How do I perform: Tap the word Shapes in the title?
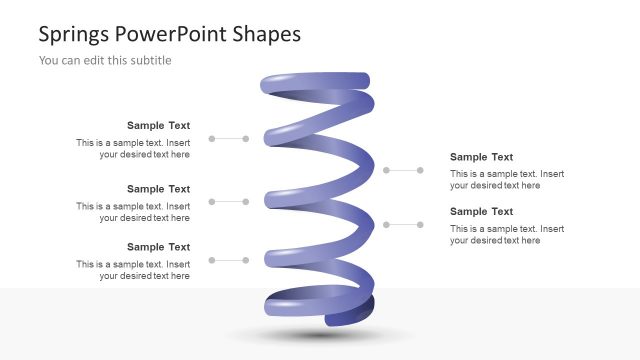point(267,35)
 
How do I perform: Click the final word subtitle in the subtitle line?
point(149,60)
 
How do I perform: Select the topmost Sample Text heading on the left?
point(158,126)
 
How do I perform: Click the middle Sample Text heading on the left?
point(158,189)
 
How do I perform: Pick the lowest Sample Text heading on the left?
point(158,247)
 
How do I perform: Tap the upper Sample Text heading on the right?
point(481,157)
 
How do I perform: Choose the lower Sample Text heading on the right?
point(481,212)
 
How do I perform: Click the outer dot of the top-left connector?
point(211,139)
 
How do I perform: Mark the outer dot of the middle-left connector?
point(211,201)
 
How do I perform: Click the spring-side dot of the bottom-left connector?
point(246,260)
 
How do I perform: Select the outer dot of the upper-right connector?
point(420,171)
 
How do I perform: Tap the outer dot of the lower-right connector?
point(420,224)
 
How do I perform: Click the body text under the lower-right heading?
point(506,234)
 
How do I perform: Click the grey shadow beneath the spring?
point(320,335)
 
